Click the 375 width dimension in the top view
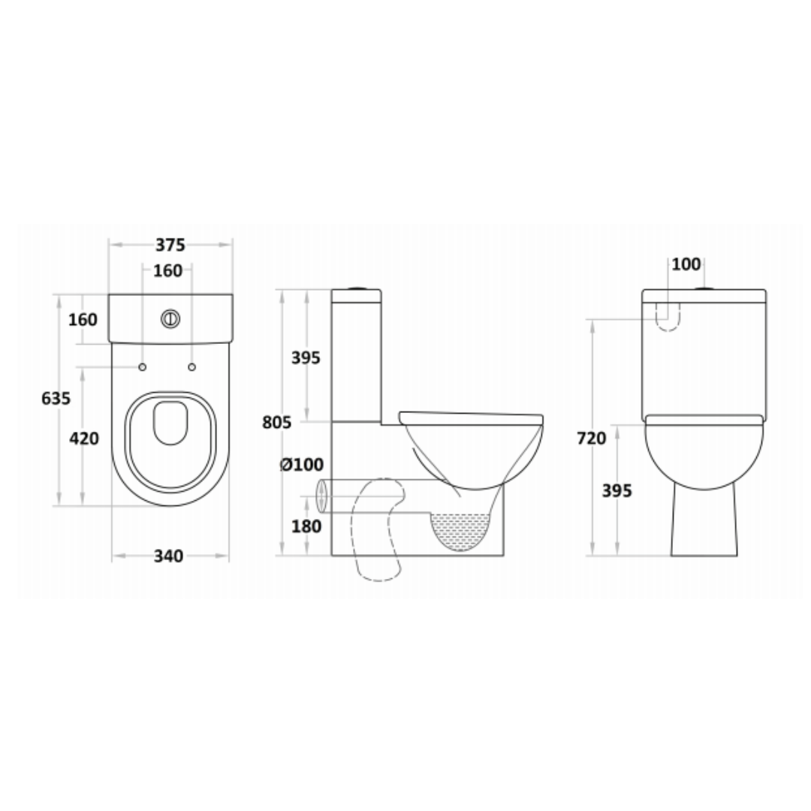(x=170, y=245)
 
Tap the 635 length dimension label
(x=56, y=398)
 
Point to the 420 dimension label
(x=83, y=438)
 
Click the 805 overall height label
(x=276, y=423)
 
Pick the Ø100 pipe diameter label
(x=301, y=466)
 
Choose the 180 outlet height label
(x=306, y=526)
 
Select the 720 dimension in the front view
(x=592, y=439)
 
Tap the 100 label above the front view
(x=686, y=264)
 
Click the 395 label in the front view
(x=617, y=491)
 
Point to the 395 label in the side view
(x=306, y=357)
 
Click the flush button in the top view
(x=171, y=319)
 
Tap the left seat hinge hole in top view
(x=141, y=366)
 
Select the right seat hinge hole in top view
(x=191, y=366)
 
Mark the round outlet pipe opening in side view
(x=322, y=496)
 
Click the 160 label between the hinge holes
(x=167, y=271)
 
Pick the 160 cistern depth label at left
(x=83, y=320)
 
